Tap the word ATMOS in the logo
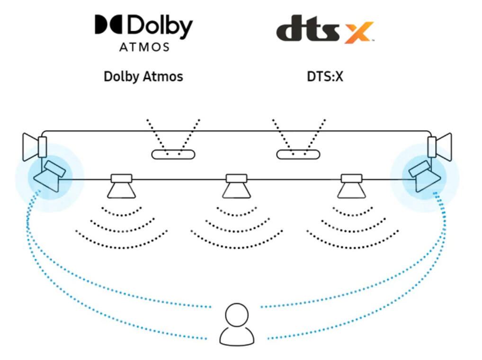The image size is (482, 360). (x=144, y=47)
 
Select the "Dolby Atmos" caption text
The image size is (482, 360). (x=143, y=76)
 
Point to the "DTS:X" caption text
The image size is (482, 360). (x=325, y=76)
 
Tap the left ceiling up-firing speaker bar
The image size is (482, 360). (x=173, y=154)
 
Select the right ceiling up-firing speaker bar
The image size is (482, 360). (x=298, y=154)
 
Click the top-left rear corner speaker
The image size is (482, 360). (x=35, y=145)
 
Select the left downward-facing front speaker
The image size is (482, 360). (x=122, y=186)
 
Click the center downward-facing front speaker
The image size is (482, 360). (x=236, y=186)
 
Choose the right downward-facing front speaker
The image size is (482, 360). (x=351, y=186)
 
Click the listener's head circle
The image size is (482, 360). (x=237, y=314)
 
